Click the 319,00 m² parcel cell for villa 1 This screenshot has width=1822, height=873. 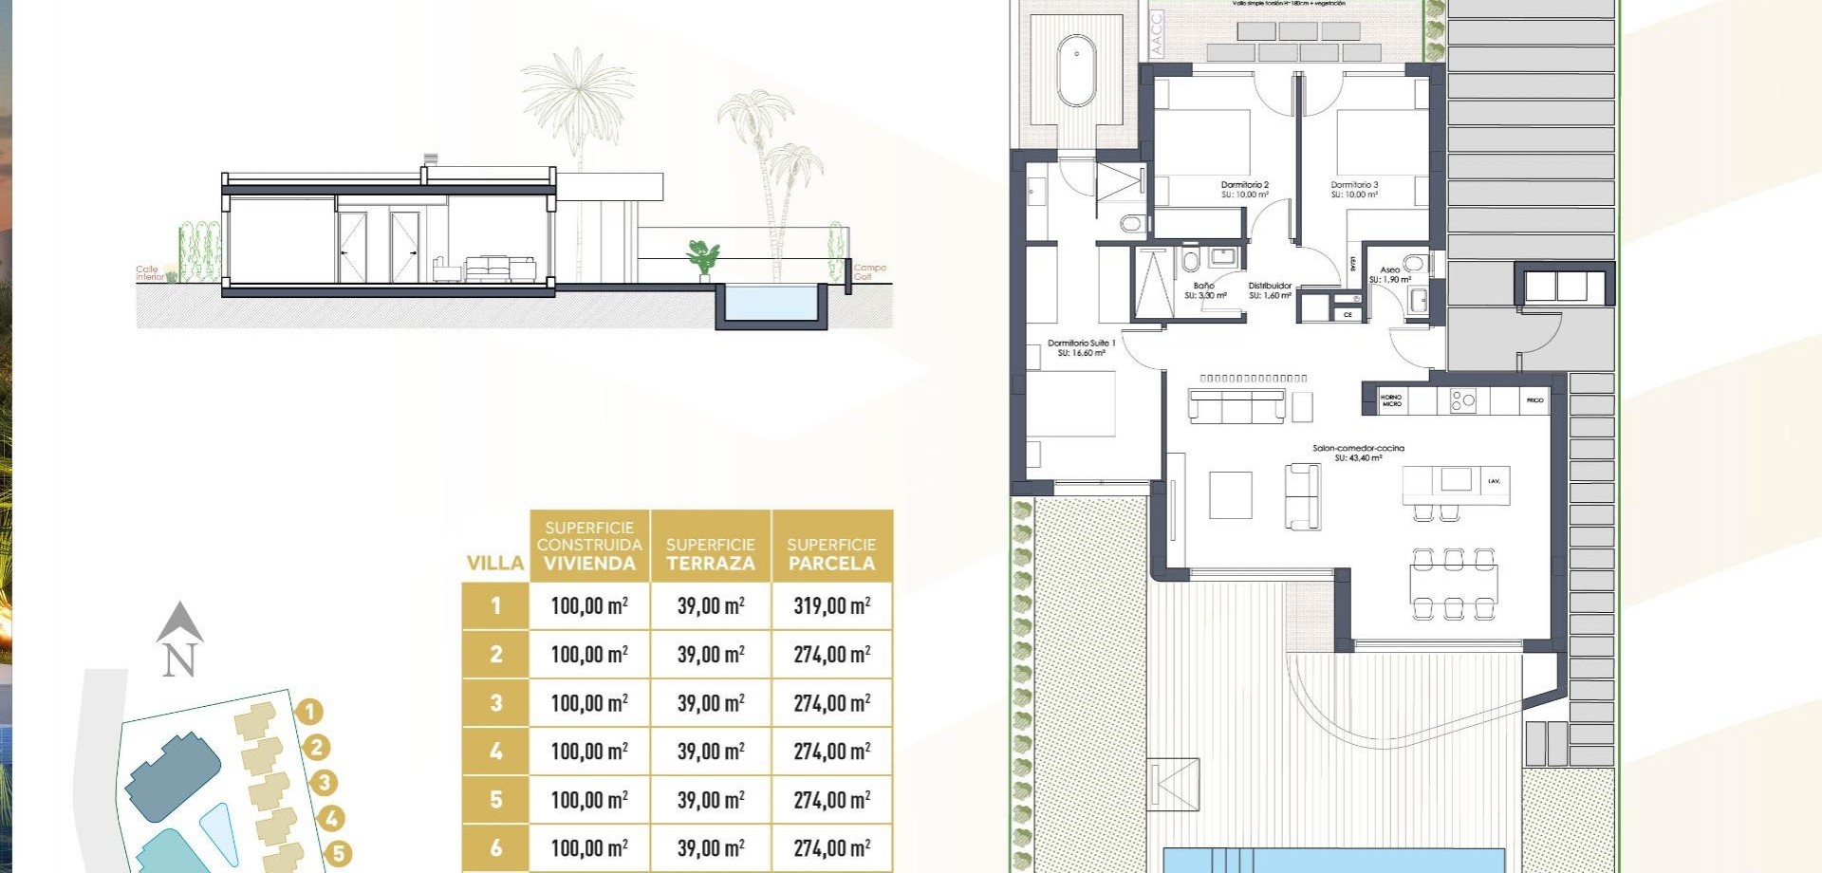click(831, 605)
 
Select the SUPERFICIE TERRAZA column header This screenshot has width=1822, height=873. click(710, 554)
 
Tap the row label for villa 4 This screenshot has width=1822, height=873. click(495, 752)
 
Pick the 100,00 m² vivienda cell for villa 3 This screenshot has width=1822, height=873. click(589, 703)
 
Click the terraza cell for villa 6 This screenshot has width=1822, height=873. click(710, 848)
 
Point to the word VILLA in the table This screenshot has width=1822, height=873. click(495, 564)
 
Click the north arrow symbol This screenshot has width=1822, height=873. click(179, 641)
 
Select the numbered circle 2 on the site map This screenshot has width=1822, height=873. click(317, 748)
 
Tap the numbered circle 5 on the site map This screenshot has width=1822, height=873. click(338, 854)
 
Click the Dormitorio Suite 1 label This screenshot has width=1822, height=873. click(1081, 348)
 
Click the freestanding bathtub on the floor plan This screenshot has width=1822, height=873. click(1076, 72)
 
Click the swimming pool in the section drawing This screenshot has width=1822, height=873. click(770, 304)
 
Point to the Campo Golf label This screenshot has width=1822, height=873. click(869, 272)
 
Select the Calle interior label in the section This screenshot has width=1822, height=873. click(150, 273)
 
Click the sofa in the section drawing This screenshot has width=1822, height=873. click(499, 269)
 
